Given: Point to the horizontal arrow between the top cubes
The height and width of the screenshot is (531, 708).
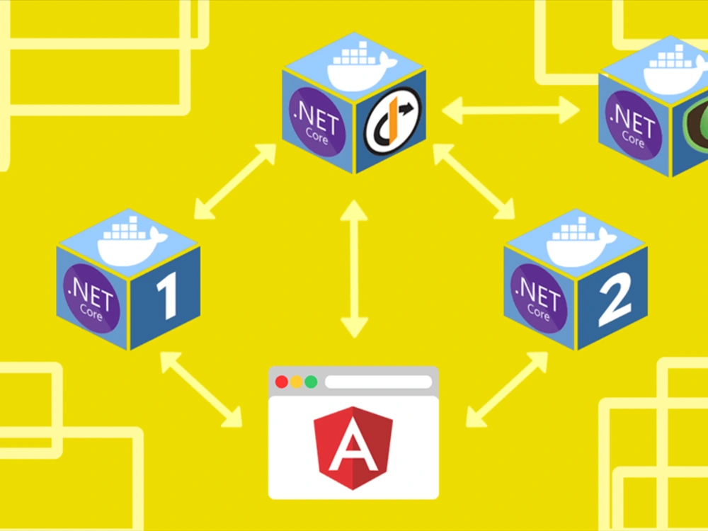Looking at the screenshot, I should [x=510, y=110].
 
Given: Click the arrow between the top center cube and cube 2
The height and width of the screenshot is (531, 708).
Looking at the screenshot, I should [x=474, y=181].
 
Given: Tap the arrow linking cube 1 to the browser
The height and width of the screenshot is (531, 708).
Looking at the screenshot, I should [x=201, y=390].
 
